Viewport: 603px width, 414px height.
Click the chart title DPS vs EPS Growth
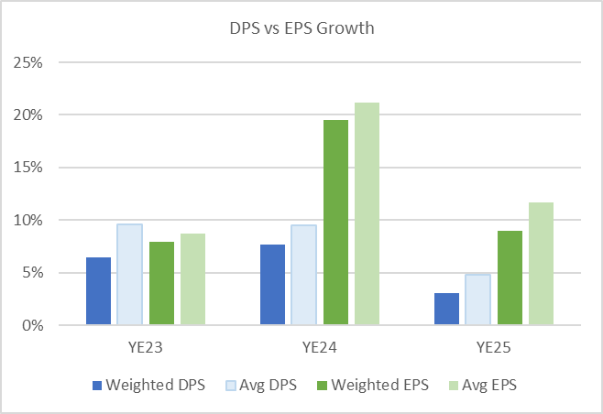point(301,28)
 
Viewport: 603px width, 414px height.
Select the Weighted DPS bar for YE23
point(98,291)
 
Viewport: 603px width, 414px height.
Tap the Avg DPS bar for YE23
point(129,275)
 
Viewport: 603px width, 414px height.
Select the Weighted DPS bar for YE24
point(272,285)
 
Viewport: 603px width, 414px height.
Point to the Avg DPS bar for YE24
point(304,275)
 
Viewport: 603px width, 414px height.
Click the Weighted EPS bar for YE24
point(335,223)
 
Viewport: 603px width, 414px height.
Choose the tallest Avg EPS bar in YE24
point(367,213)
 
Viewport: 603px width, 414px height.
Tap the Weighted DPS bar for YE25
point(447,309)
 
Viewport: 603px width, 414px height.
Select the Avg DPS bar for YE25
point(478,300)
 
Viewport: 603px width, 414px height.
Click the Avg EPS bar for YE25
point(541,264)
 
